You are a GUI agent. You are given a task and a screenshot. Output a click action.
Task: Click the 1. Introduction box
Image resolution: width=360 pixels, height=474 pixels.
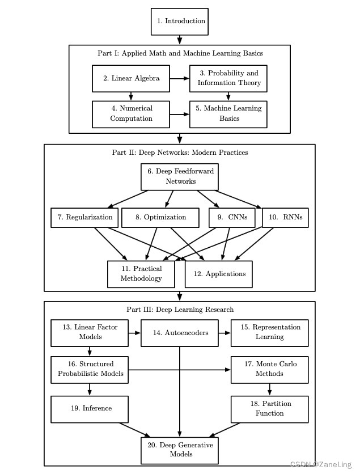click(x=180, y=22)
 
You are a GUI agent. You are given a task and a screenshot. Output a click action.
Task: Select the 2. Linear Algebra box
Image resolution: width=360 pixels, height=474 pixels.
click(x=131, y=78)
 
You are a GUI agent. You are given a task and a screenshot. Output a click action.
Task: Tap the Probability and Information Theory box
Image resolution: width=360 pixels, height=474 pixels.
click(x=228, y=78)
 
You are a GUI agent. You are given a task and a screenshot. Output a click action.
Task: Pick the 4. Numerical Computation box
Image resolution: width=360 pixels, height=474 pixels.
click(x=131, y=113)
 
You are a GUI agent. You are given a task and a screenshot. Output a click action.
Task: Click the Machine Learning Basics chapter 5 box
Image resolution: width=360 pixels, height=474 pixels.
click(x=228, y=113)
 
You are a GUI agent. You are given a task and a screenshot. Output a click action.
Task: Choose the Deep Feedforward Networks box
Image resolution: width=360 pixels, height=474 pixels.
click(x=180, y=176)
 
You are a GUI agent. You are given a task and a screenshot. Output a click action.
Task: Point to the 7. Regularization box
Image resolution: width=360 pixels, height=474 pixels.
click(x=84, y=217)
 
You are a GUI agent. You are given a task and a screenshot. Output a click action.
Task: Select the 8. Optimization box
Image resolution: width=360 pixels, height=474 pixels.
click(x=160, y=217)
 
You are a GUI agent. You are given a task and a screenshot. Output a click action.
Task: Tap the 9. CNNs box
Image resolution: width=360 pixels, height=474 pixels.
click(x=232, y=217)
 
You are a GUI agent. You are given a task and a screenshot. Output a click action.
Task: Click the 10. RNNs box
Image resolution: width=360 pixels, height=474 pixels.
click(x=285, y=217)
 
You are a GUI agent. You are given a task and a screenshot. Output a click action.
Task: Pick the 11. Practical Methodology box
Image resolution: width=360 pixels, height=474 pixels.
click(x=141, y=274)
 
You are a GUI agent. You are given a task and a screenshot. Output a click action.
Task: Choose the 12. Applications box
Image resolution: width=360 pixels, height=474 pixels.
click(x=219, y=274)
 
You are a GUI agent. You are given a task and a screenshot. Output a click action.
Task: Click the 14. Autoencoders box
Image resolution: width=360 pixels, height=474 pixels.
click(x=180, y=333)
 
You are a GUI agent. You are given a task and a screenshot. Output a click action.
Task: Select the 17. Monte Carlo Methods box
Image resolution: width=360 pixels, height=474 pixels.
click(x=269, y=369)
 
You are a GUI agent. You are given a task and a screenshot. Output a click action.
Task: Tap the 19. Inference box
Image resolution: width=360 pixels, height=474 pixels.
click(x=90, y=408)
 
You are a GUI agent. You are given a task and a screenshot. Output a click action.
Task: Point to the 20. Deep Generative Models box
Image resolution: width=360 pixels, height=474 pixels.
click(x=180, y=450)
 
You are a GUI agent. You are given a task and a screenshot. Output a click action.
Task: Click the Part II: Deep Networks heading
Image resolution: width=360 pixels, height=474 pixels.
click(x=180, y=153)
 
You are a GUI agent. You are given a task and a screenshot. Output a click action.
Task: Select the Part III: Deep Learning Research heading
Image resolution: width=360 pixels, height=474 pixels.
click(x=180, y=310)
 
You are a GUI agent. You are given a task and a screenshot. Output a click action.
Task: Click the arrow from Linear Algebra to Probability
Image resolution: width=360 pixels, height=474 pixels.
click(x=179, y=78)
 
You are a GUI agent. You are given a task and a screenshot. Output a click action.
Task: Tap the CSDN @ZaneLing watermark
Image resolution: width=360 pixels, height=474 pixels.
click(x=320, y=464)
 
